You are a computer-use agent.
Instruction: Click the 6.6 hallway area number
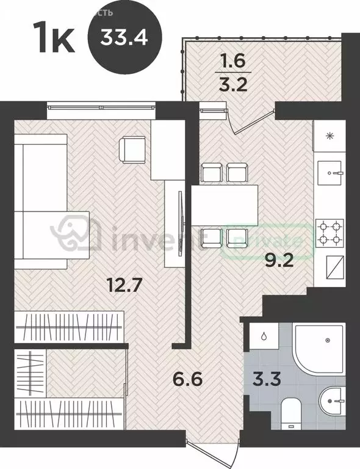(187, 385)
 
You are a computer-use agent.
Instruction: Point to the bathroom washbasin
(333, 402)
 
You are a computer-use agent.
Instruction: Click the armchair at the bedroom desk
(132, 149)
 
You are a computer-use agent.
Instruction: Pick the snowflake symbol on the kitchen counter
(330, 136)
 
